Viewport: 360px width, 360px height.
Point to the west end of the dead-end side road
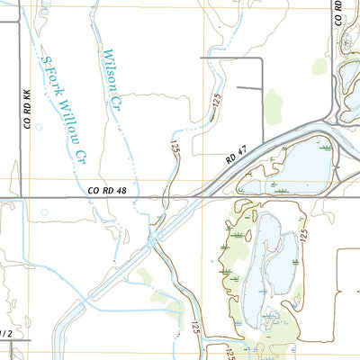pyautogui.click(x=202, y=59)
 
